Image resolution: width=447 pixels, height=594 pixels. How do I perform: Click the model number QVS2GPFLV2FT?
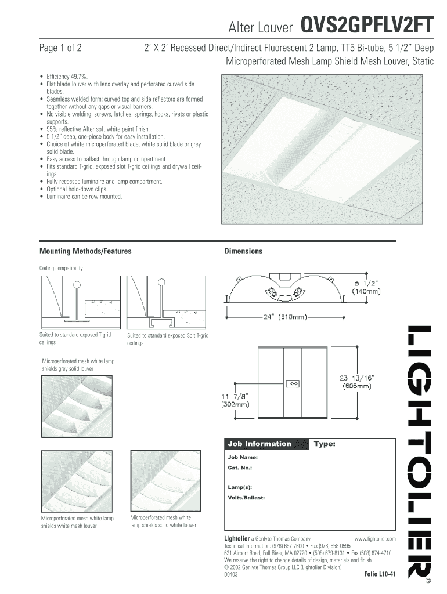click(366, 26)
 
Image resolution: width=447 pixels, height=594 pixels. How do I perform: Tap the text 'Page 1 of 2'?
click(60, 48)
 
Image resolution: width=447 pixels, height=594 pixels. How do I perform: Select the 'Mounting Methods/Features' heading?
click(85, 251)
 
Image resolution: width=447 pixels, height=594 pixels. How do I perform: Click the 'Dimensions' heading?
click(243, 251)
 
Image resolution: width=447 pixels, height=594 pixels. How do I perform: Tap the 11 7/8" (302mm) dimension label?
click(236, 400)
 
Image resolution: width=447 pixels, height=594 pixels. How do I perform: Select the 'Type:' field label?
click(325, 444)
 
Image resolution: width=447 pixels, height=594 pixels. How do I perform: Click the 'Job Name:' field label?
click(239, 457)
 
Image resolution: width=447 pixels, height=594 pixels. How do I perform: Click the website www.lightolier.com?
click(374, 539)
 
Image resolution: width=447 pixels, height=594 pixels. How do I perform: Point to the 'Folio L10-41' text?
click(380, 574)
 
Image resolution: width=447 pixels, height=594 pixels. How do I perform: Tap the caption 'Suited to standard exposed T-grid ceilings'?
click(75, 339)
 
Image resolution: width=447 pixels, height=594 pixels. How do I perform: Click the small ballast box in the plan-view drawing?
click(293, 383)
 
